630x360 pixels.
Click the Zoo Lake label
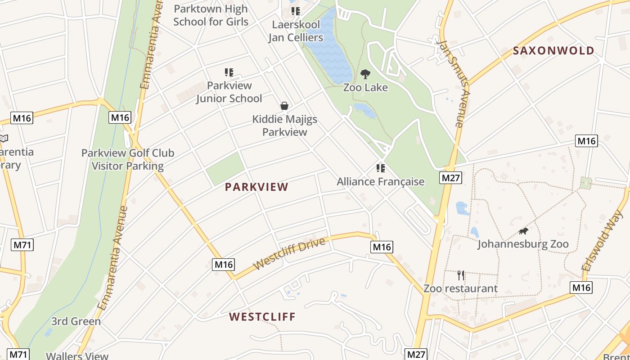[365, 87]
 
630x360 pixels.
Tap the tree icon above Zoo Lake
[365, 74]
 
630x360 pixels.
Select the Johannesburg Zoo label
[523, 244]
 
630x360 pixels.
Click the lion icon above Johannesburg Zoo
[523, 231]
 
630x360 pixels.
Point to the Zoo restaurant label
[460, 288]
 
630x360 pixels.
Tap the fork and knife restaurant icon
[460, 275]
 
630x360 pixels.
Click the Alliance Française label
[381, 181]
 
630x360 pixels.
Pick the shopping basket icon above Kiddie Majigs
[284, 106]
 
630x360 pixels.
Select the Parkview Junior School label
[229, 92]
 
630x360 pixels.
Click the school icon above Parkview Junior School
[229, 72]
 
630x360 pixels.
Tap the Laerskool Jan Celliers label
[296, 31]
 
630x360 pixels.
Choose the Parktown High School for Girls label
[211, 15]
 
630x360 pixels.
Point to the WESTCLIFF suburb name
[262, 317]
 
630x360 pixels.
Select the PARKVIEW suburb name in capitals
[256, 187]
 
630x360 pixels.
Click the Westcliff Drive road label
[289, 254]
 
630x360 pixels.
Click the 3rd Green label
[76, 321]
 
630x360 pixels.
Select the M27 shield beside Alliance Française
[451, 178]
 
